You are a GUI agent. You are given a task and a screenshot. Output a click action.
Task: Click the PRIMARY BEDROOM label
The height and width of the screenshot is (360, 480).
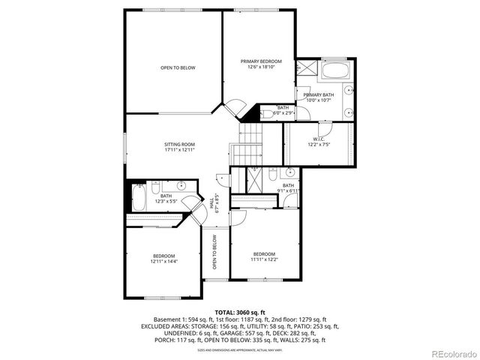pyautogui.click(x=261, y=61)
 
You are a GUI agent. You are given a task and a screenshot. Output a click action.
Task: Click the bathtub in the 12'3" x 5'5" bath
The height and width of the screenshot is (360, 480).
pyautogui.click(x=139, y=199)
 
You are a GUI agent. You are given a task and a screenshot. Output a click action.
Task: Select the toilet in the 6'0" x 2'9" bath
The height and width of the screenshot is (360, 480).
pyautogui.click(x=267, y=114)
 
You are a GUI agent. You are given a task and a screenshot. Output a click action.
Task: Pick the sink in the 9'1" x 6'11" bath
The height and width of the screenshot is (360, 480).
pyautogui.click(x=289, y=173)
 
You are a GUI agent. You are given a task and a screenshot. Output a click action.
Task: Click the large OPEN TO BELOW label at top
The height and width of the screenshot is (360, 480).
pyautogui.click(x=178, y=67)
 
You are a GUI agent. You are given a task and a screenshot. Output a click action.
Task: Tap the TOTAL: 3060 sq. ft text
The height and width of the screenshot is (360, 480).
pyautogui.click(x=240, y=311)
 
